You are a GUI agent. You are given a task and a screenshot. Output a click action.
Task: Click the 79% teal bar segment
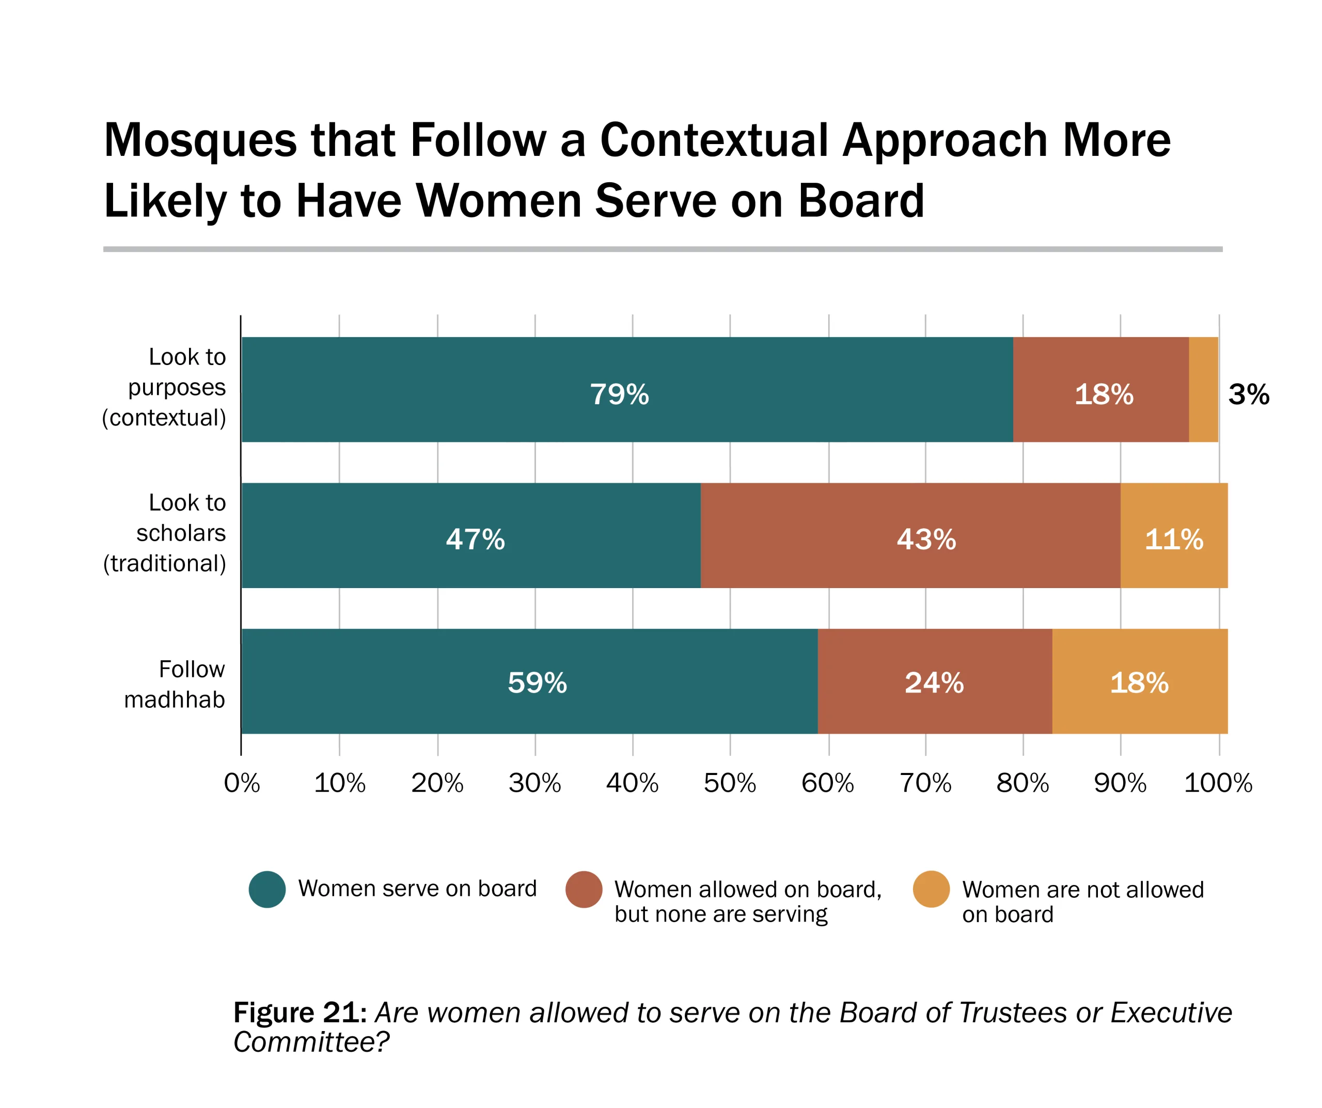tap(626, 390)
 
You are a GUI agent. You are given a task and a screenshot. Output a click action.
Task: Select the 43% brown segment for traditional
tap(910, 536)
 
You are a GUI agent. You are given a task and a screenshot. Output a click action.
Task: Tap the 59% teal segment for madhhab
tap(529, 681)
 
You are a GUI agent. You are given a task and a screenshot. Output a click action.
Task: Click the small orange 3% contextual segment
tap(1203, 390)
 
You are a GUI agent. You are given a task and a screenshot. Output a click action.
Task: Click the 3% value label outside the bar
tap(1248, 395)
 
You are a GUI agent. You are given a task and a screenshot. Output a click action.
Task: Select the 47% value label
tap(475, 540)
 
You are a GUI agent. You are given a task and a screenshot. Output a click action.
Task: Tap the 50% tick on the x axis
tap(730, 783)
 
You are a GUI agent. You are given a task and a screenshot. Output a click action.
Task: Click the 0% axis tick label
tap(242, 783)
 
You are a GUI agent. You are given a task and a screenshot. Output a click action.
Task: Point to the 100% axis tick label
tap(1218, 783)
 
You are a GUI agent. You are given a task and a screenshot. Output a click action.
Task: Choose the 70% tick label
tap(925, 783)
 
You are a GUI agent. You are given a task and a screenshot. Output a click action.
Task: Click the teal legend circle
tap(267, 890)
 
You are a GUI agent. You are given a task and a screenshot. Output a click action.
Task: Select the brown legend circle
tap(584, 890)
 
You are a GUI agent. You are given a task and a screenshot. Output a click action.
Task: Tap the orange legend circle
tap(931, 890)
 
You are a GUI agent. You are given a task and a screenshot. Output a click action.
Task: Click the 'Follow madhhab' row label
tap(175, 684)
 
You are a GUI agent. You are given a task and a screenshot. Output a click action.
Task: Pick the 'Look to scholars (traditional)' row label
tap(165, 533)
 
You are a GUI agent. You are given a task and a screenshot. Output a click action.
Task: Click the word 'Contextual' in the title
tap(714, 140)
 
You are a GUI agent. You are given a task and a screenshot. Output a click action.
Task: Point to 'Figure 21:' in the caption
tap(300, 1013)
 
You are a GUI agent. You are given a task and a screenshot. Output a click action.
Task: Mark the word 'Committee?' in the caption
tap(311, 1042)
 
